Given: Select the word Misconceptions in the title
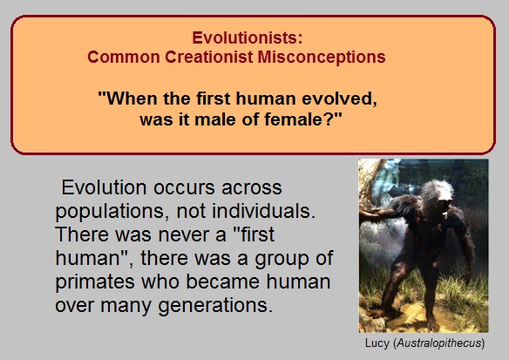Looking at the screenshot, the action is pos(322,57).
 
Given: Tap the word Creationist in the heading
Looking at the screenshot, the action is pos(208,57).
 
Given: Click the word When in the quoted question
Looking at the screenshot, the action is pos(127,98).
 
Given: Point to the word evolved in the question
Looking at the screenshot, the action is pos(340,98).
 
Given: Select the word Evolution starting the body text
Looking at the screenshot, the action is pos(105,187).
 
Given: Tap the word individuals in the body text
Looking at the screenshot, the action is pos(263,211).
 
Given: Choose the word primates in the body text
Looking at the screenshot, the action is pos(95,282).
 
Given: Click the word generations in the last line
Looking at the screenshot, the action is pos(215,306).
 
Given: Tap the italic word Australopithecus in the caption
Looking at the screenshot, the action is pos(439,343).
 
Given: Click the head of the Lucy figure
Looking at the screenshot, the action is pos(437,195).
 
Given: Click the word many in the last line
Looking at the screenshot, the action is pos(126,306).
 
